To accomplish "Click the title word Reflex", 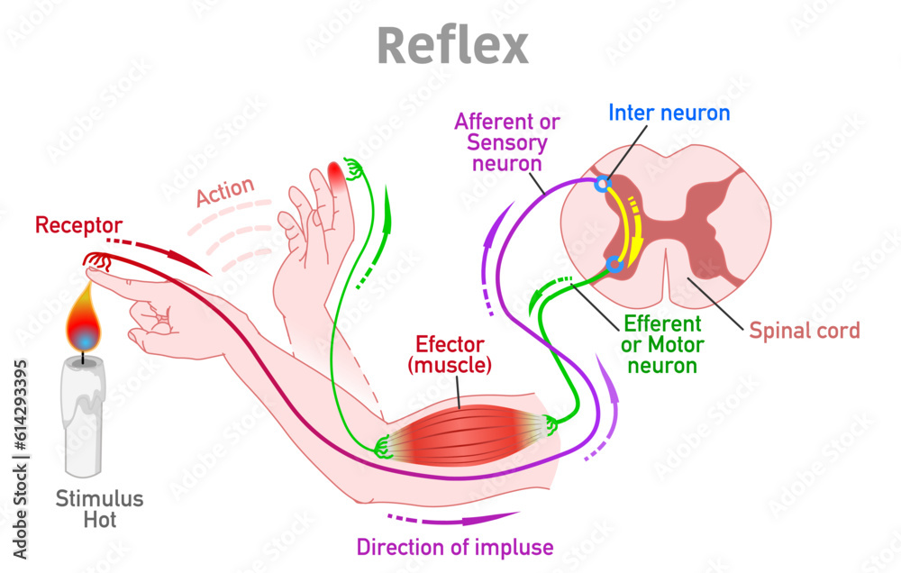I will click(x=451, y=44).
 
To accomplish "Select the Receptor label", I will click(x=78, y=225).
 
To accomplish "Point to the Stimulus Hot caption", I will click(x=87, y=509).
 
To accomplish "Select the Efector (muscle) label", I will click(x=450, y=354).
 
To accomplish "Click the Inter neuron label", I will click(x=669, y=113).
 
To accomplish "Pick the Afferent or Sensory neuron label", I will click(x=507, y=141).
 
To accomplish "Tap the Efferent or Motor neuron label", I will click(x=662, y=344).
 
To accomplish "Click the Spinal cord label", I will click(x=805, y=330).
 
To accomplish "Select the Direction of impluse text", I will click(x=455, y=547).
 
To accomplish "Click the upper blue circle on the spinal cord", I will click(x=603, y=186).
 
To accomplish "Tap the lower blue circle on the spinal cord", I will click(x=614, y=264).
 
